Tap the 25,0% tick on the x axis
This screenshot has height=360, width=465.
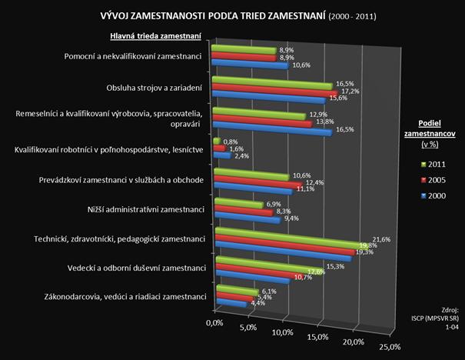(390, 348)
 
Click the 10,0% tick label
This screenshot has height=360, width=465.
(283, 332)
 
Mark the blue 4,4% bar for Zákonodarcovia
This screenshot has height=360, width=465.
(228, 305)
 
